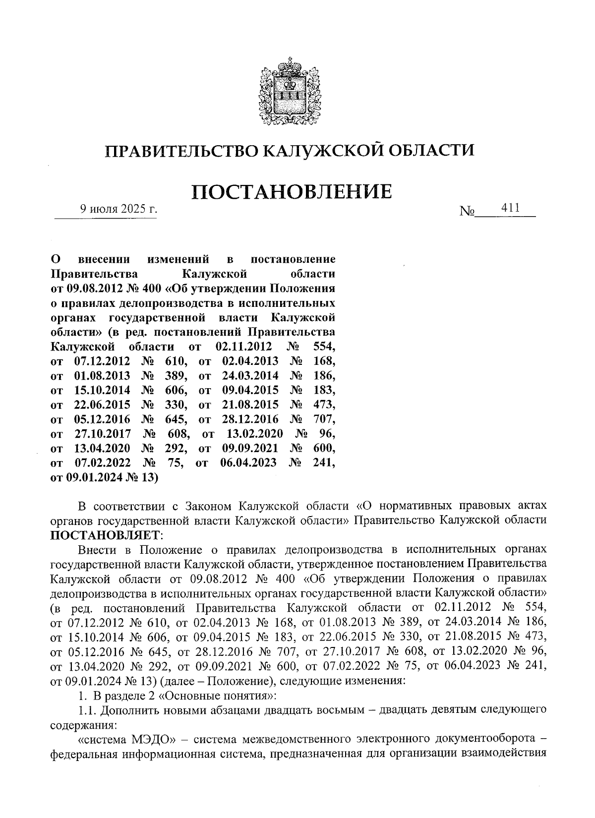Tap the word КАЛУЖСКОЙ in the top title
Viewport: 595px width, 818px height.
[x=320, y=150]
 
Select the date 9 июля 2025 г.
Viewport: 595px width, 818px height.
[x=119, y=209]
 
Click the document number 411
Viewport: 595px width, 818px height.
[x=510, y=208]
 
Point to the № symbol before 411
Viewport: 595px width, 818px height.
[x=467, y=212]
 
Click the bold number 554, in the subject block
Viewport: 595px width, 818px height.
[x=324, y=347]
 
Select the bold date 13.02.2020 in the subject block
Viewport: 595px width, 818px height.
[x=254, y=434]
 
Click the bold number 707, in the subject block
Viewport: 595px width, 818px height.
[x=324, y=419]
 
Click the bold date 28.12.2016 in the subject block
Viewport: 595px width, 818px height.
[x=250, y=419]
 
